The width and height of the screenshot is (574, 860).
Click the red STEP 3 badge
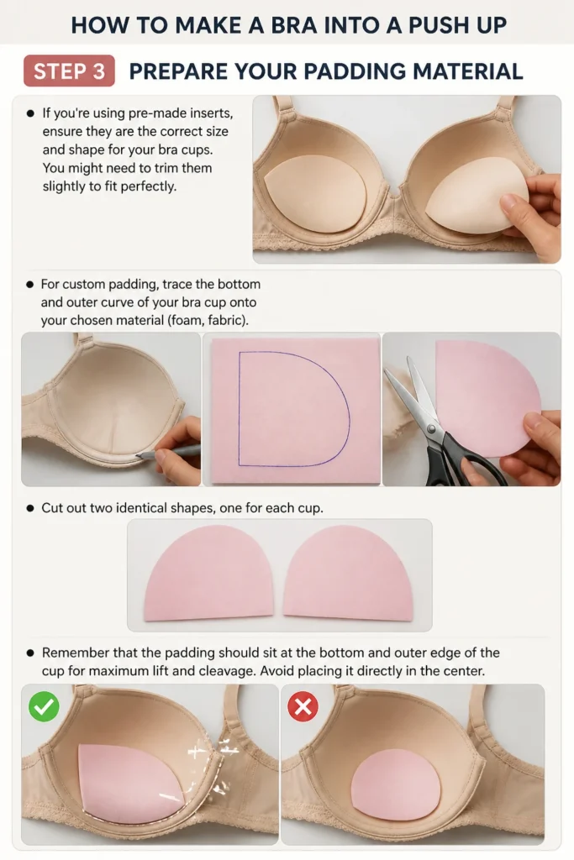[69, 71]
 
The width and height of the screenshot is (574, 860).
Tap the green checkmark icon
[44, 706]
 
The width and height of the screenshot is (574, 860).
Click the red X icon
[303, 706]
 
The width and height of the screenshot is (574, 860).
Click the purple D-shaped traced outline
[294, 409]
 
